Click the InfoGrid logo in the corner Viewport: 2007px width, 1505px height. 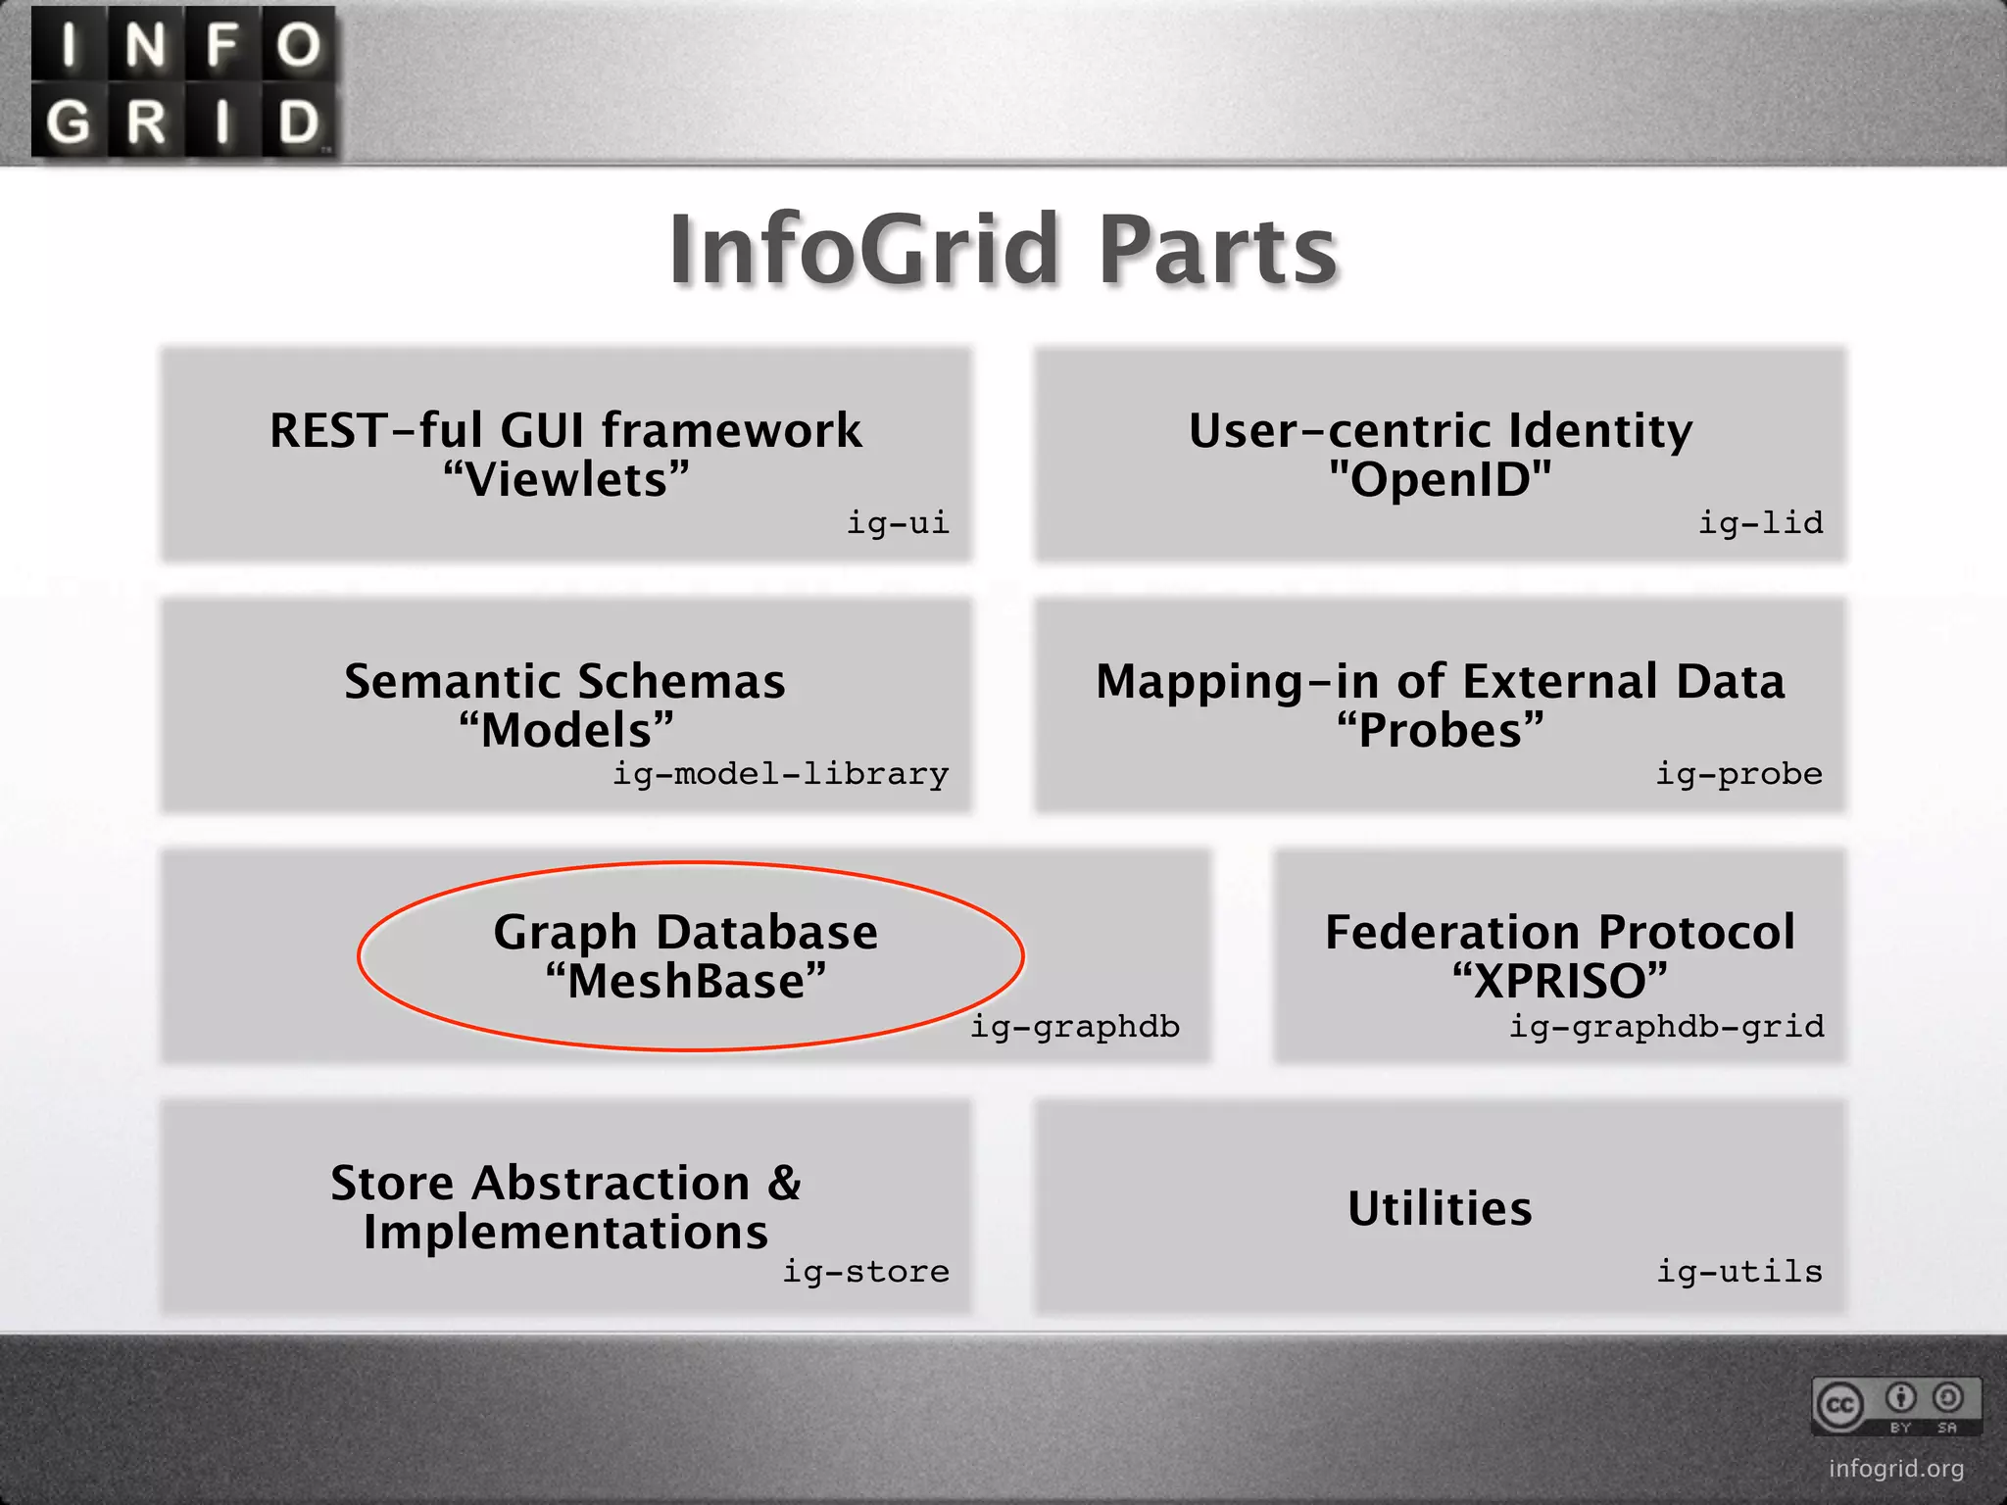(x=184, y=82)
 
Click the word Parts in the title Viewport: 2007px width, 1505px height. (x=1217, y=251)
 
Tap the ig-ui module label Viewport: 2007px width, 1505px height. (x=898, y=523)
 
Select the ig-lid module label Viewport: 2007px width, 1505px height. (x=1760, y=523)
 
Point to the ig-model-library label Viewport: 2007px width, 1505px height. (x=780, y=774)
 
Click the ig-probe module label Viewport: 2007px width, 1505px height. (x=1738, y=774)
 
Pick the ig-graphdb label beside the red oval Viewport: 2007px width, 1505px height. (x=1075, y=1027)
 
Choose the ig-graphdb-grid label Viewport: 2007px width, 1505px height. (x=1666, y=1027)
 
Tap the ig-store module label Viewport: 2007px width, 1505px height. (x=865, y=1272)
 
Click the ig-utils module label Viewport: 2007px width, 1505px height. (x=1739, y=1272)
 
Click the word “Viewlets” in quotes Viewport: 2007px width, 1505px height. (x=566, y=480)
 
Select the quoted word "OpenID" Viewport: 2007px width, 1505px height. (x=1440, y=480)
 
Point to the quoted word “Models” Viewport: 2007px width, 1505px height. (x=566, y=731)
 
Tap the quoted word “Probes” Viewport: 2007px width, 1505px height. (x=1440, y=731)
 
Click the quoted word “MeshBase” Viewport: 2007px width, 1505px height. (x=686, y=982)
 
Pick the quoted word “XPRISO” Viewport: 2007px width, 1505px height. (x=1559, y=982)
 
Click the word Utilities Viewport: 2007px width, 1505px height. (x=1440, y=1208)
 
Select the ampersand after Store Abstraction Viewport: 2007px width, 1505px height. (x=784, y=1183)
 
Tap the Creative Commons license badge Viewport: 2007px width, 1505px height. (x=1896, y=1406)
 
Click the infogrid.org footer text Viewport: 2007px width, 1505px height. (x=1896, y=1469)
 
